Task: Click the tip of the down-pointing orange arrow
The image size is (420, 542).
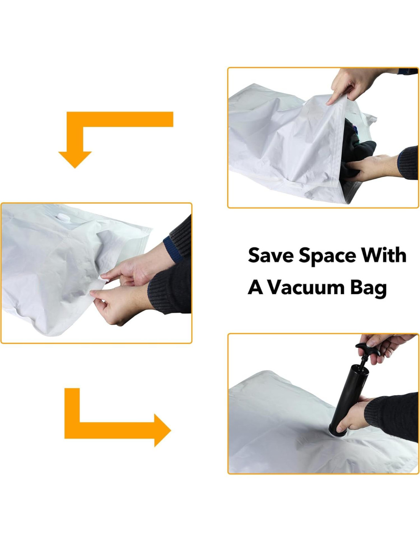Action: pos(75,168)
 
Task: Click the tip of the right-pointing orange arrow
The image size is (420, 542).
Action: pos(171,430)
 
